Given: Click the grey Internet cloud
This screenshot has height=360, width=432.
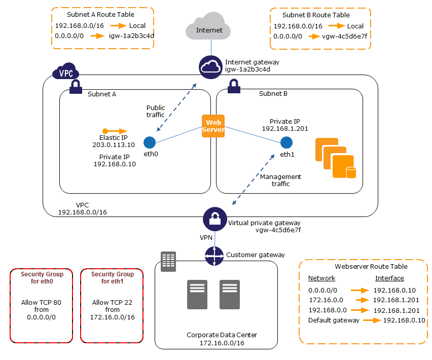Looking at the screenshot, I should (x=209, y=29).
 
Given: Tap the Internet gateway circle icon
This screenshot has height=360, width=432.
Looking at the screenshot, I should (x=210, y=67).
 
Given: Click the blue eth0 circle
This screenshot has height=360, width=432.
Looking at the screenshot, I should (x=149, y=142).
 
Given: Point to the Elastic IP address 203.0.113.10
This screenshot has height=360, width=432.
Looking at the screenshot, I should (x=114, y=145).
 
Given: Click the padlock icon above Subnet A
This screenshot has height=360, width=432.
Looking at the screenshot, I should (x=76, y=86).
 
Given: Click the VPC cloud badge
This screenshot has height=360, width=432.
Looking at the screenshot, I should (x=65, y=72).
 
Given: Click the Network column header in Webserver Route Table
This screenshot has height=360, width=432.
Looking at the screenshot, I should (x=321, y=278).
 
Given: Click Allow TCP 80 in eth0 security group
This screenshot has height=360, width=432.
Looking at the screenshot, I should (x=41, y=303).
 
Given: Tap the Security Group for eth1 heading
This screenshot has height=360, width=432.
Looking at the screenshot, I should (x=113, y=277).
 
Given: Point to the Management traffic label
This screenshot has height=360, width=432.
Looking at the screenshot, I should (x=280, y=180).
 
